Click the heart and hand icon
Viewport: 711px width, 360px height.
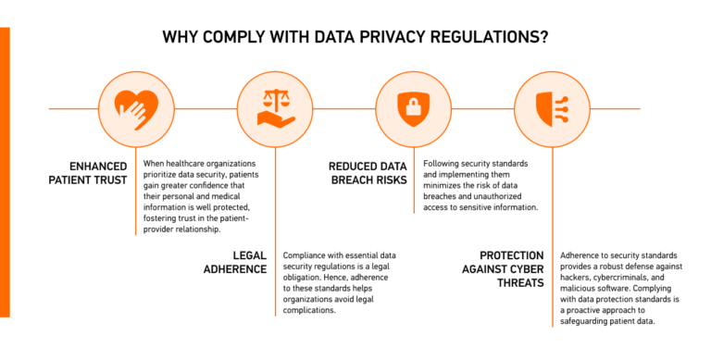(x=129, y=108)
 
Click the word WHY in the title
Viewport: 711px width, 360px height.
(x=180, y=38)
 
